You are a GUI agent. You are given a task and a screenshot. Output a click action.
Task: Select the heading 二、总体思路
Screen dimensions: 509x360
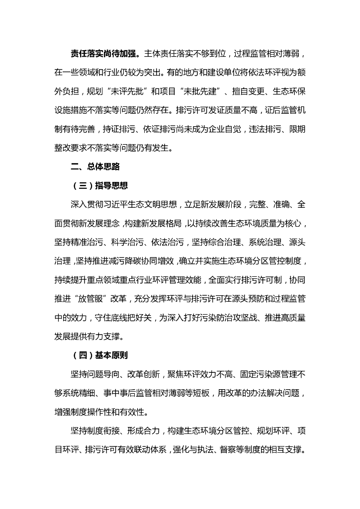[95, 167]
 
